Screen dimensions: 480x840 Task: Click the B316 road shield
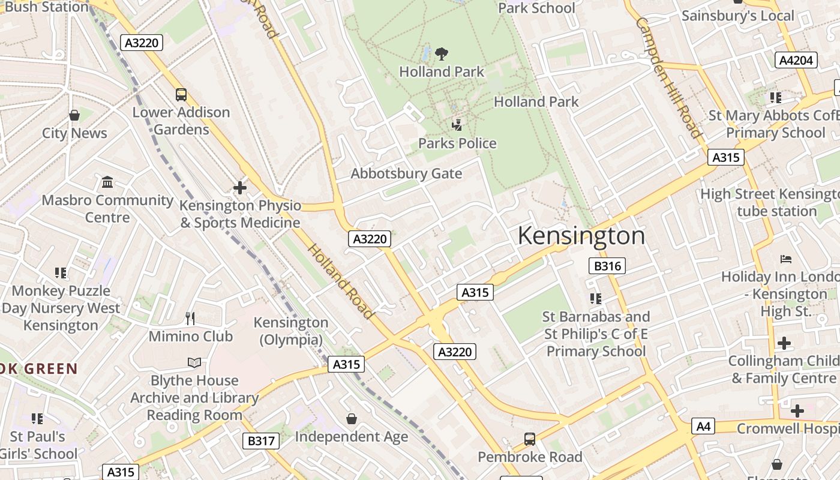click(x=607, y=266)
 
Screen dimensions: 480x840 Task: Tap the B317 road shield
click(x=261, y=441)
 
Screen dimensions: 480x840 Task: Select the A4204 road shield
click(x=796, y=60)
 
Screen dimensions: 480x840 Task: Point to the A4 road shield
click(x=703, y=427)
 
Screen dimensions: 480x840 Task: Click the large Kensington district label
click(x=581, y=236)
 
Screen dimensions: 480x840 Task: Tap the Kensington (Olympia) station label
click(x=291, y=331)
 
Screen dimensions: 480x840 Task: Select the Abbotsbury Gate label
click(x=406, y=174)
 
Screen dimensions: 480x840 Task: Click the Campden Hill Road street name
click(x=668, y=77)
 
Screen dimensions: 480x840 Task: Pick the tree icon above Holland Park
click(x=442, y=54)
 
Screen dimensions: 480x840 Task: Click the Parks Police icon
click(x=457, y=125)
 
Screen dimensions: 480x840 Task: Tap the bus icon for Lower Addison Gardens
click(x=181, y=95)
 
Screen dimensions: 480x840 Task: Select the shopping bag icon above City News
click(x=74, y=115)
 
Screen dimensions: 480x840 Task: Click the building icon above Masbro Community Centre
click(x=107, y=182)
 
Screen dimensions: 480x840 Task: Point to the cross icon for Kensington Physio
click(x=240, y=188)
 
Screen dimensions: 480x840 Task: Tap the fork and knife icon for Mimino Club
click(x=190, y=318)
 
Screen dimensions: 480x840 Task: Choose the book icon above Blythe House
click(x=194, y=362)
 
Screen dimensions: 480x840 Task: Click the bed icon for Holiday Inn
click(x=785, y=259)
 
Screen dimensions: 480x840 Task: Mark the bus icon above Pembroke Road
click(x=529, y=439)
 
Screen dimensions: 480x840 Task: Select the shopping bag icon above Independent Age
click(x=351, y=419)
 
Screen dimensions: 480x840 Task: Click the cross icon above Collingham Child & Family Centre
click(x=784, y=343)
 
